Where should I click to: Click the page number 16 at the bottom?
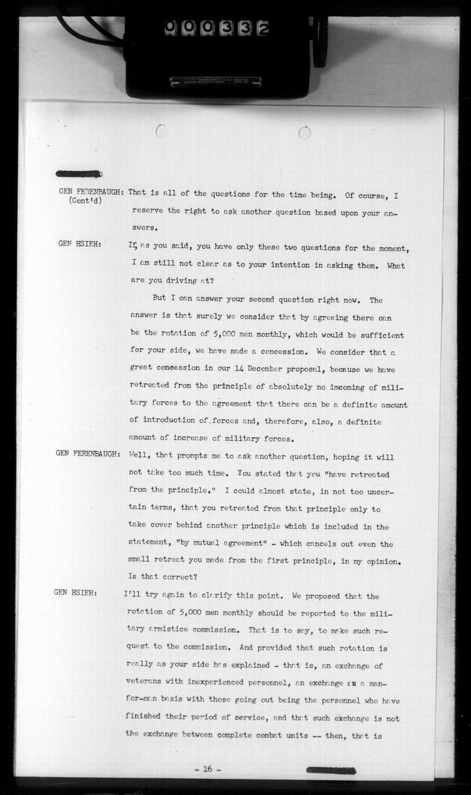coord(208,768)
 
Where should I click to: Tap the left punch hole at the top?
coord(162,132)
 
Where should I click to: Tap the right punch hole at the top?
coord(304,133)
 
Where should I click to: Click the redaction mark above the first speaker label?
coord(79,174)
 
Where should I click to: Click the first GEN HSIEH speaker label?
coord(80,244)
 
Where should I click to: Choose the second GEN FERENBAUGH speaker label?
coord(88,453)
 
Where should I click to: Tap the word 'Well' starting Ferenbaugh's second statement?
coord(140,457)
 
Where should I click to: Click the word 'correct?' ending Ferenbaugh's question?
coord(180,576)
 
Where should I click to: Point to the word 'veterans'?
coord(145,683)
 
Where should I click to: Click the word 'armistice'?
coord(171,630)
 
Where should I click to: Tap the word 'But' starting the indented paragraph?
coord(160,300)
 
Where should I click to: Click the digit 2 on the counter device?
coord(263,28)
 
